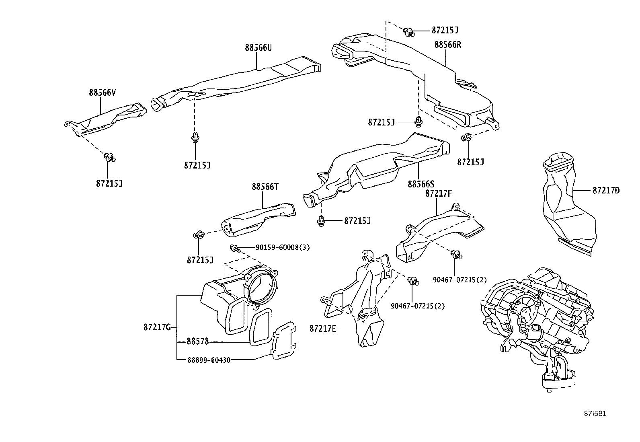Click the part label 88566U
[x=258, y=47]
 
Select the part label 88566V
[x=103, y=93]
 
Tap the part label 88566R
[x=447, y=45]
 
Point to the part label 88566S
[x=421, y=184]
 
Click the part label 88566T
[x=265, y=187]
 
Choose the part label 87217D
[x=606, y=190]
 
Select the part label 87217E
[x=322, y=329]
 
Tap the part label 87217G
[x=157, y=327]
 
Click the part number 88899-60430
[x=209, y=360]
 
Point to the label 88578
[x=198, y=341]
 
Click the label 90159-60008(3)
[x=283, y=247]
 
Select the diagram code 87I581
[x=595, y=413]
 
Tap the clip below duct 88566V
[x=109, y=157]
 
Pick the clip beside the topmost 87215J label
[x=409, y=31]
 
